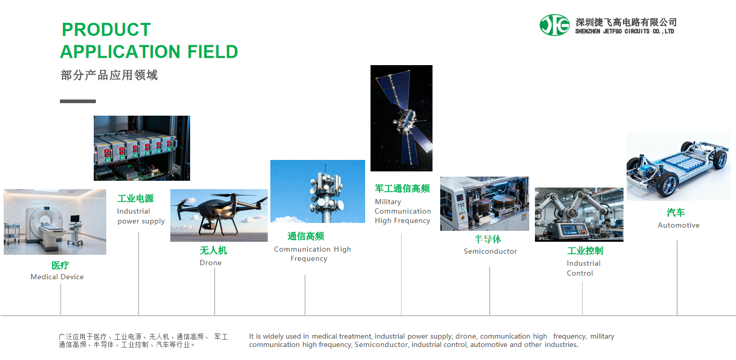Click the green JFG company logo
pyautogui.click(x=555, y=25)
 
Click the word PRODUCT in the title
pyautogui.click(x=106, y=30)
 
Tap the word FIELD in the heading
pyautogui.click(x=213, y=52)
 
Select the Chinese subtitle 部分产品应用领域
pyautogui.click(x=109, y=75)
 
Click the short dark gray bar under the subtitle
pyautogui.click(x=78, y=101)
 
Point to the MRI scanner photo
pyautogui.click(x=55, y=222)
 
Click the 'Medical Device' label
pyautogui.click(x=57, y=277)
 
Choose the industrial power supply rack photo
pyautogui.click(x=142, y=148)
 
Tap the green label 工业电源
pyautogui.click(x=135, y=198)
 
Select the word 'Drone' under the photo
pyautogui.click(x=210, y=263)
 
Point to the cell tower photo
pyautogui.click(x=318, y=191)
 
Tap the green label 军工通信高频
pyautogui.click(x=403, y=189)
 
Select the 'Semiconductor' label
pyautogui.click(x=490, y=251)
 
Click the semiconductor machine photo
pyautogui.click(x=484, y=204)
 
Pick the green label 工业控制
pyautogui.click(x=585, y=251)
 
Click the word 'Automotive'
pyautogui.click(x=679, y=225)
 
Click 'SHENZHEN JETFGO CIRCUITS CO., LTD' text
pyautogui.click(x=625, y=31)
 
